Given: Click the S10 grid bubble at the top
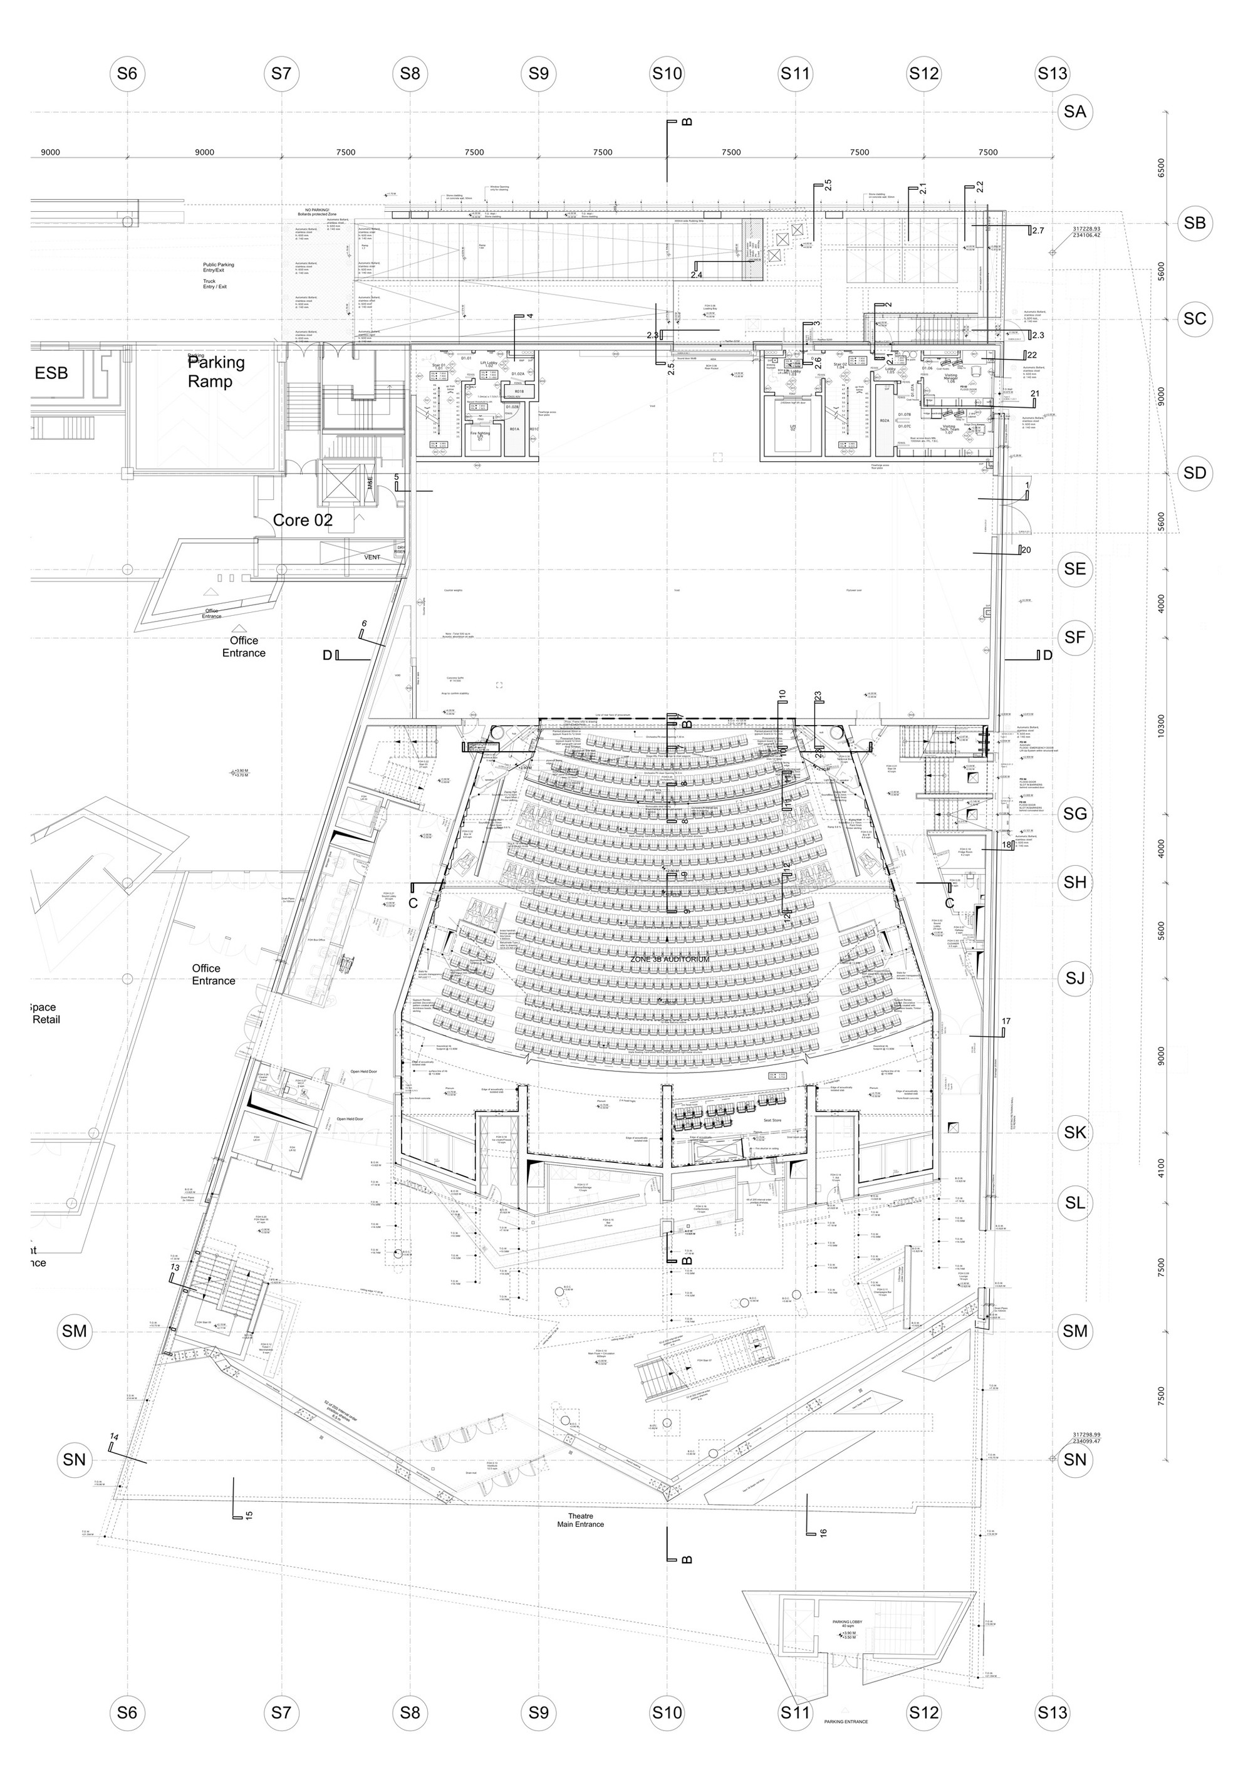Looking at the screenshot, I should pyautogui.click(x=667, y=73).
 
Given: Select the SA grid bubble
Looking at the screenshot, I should pyautogui.click(x=1074, y=112).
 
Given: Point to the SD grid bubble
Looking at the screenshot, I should pyautogui.click(x=1193, y=472).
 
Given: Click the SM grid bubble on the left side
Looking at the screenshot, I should pyautogui.click(x=74, y=1331).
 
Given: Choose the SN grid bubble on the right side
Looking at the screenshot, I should pyautogui.click(x=1074, y=1459).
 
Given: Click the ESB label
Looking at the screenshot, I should pyautogui.click(x=51, y=373).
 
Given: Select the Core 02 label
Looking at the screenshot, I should pyautogui.click(x=303, y=520).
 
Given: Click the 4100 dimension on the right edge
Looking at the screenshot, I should pyautogui.click(x=1162, y=1168).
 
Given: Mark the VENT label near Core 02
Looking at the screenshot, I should pyautogui.click(x=372, y=558).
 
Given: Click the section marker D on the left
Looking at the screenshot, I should pyautogui.click(x=328, y=655).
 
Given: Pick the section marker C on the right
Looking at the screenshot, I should pyautogui.click(x=949, y=903).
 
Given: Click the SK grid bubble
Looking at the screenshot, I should pyautogui.click(x=1074, y=1133).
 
